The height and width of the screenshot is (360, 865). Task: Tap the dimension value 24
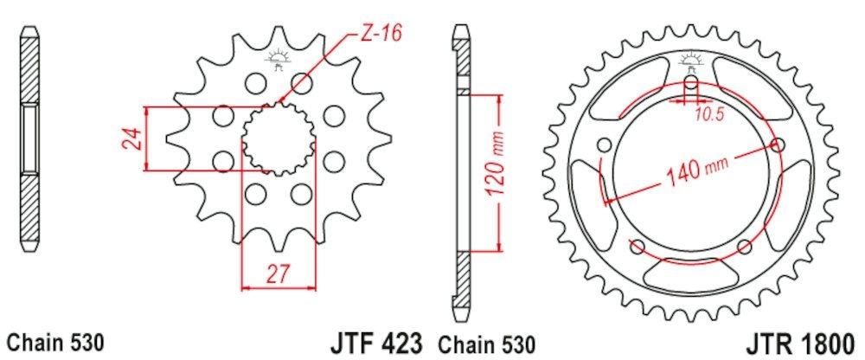click(x=131, y=139)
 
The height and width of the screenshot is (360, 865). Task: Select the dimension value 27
click(x=279, y=273)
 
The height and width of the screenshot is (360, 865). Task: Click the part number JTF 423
click(x=377, y=343)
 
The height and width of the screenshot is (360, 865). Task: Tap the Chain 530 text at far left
click(x=55, y=343)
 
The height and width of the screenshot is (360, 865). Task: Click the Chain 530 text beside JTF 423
click(x=486, y=344)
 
